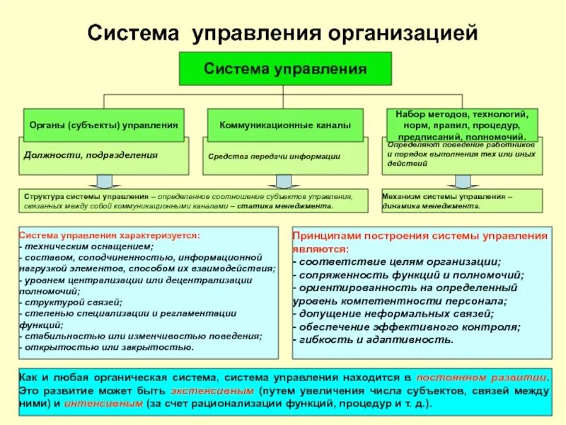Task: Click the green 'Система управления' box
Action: (284, 69)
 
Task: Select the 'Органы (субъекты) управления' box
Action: (103, 125)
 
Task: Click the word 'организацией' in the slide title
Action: (403, 33)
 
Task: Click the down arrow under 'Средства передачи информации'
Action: (284, 181)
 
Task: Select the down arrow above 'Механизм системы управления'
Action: (463, 181)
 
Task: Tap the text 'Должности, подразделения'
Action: (91, 154)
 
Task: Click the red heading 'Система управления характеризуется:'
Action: (109, 234)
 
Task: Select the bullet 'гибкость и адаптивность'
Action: (372, 339)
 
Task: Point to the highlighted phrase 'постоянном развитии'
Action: (482, 378)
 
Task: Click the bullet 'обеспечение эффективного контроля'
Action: (408, 326)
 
